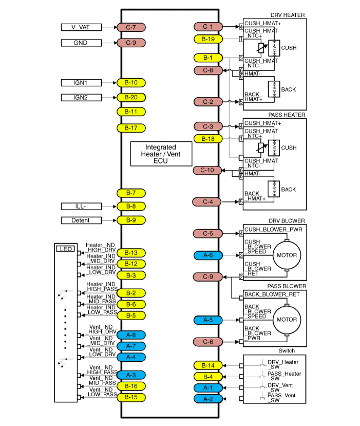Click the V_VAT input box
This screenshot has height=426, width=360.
[81, 27]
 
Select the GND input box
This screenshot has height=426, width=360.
[81, 43]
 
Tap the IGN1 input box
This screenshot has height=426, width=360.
[81, 82]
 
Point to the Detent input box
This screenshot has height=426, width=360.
[81, 220]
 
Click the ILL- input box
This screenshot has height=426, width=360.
[81, 207]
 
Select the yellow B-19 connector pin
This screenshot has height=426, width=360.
[208, 39]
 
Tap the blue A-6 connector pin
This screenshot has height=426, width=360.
[208, 255]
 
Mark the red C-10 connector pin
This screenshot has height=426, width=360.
[207, 170]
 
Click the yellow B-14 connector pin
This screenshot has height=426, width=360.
[208, 365]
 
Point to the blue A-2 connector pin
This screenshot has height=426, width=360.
[208, 399]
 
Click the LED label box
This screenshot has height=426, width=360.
[65, 249]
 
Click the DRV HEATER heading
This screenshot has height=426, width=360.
[288, 15]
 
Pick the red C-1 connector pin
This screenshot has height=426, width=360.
[208, 26]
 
